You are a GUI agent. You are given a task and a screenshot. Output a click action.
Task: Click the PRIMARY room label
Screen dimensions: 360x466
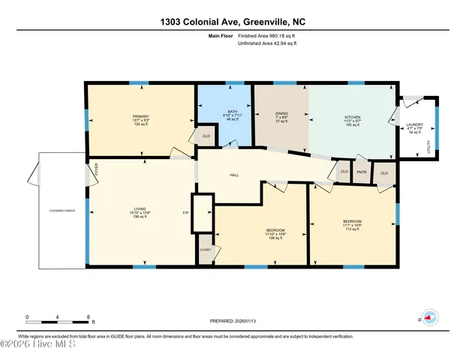tap(140, 116)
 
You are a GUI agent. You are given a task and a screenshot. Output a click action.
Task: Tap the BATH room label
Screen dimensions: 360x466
tap(233, 112)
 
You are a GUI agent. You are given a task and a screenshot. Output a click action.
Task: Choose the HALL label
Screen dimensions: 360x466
tap(233, 175)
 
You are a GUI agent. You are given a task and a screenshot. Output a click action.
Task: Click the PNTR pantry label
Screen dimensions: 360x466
tap(362, 172)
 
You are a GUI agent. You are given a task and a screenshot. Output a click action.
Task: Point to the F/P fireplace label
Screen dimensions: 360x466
tap(185, 213)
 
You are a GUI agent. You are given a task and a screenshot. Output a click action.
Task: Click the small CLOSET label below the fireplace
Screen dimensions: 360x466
tap(205, 249)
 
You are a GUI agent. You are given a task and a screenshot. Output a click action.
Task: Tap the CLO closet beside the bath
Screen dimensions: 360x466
tap(206, 136)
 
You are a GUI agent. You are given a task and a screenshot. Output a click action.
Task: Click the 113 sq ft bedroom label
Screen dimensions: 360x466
tap(353, 222)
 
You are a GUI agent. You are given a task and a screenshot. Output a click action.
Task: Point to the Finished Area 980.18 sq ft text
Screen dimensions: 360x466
tap(267, 35)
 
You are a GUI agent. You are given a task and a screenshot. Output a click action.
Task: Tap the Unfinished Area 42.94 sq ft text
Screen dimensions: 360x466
tap(267, 44)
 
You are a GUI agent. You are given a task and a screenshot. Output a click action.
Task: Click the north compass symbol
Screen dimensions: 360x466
tap(428, 317)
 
